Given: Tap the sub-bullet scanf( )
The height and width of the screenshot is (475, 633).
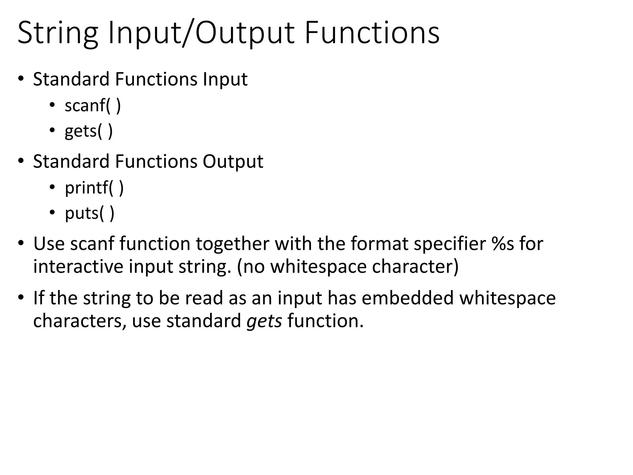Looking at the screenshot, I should pyautogui.click(x=93, y=105).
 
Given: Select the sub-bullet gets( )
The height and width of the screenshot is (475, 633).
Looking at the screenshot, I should pyautogui.click(x=89, y=131).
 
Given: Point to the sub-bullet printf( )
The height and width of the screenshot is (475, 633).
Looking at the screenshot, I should pyautogui.click(x=94, y=188).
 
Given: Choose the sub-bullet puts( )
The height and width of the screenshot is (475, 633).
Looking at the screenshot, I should pyautogui.click(x=90, y=213).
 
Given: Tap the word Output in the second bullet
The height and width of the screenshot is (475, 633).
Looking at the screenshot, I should pyautogui.click(x=233, y=161).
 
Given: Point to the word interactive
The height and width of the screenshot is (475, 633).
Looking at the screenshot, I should pyautogui.click(x=78, y=267).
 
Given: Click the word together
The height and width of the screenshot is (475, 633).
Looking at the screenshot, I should pyautogui.click(x=232, y=244).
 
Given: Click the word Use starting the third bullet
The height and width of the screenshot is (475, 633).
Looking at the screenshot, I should pyautogui.click(x=49, y=244).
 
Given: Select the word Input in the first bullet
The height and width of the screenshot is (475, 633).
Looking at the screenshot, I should pyautogui.click(x=225, y=79).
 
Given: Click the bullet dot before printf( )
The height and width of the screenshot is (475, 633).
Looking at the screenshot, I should pyautogui.click(x=52, y=187).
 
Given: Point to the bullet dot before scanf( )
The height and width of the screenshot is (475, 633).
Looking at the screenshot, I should pyautogui.click(x=52, y=105).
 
